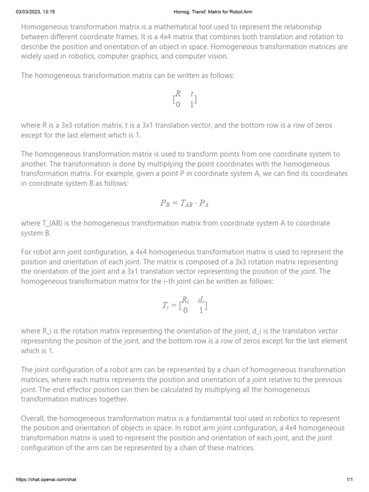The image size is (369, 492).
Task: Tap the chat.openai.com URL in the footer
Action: pyautogui.click(x=46, y=480)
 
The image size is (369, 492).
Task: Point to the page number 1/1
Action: pyautogui.click(x=349, y=480)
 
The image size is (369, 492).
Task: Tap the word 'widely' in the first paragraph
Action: pyautogui.click(x=32, y=56)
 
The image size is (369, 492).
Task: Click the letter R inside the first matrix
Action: pyautogui.click(x=178, y=94)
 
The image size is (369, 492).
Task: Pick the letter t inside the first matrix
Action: pyautogui.click(x=192, y=94)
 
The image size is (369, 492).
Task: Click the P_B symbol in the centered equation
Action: pyautogui.click(x=165, y=203)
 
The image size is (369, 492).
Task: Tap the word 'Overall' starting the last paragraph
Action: pyautogui.click(x=33, y=418)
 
